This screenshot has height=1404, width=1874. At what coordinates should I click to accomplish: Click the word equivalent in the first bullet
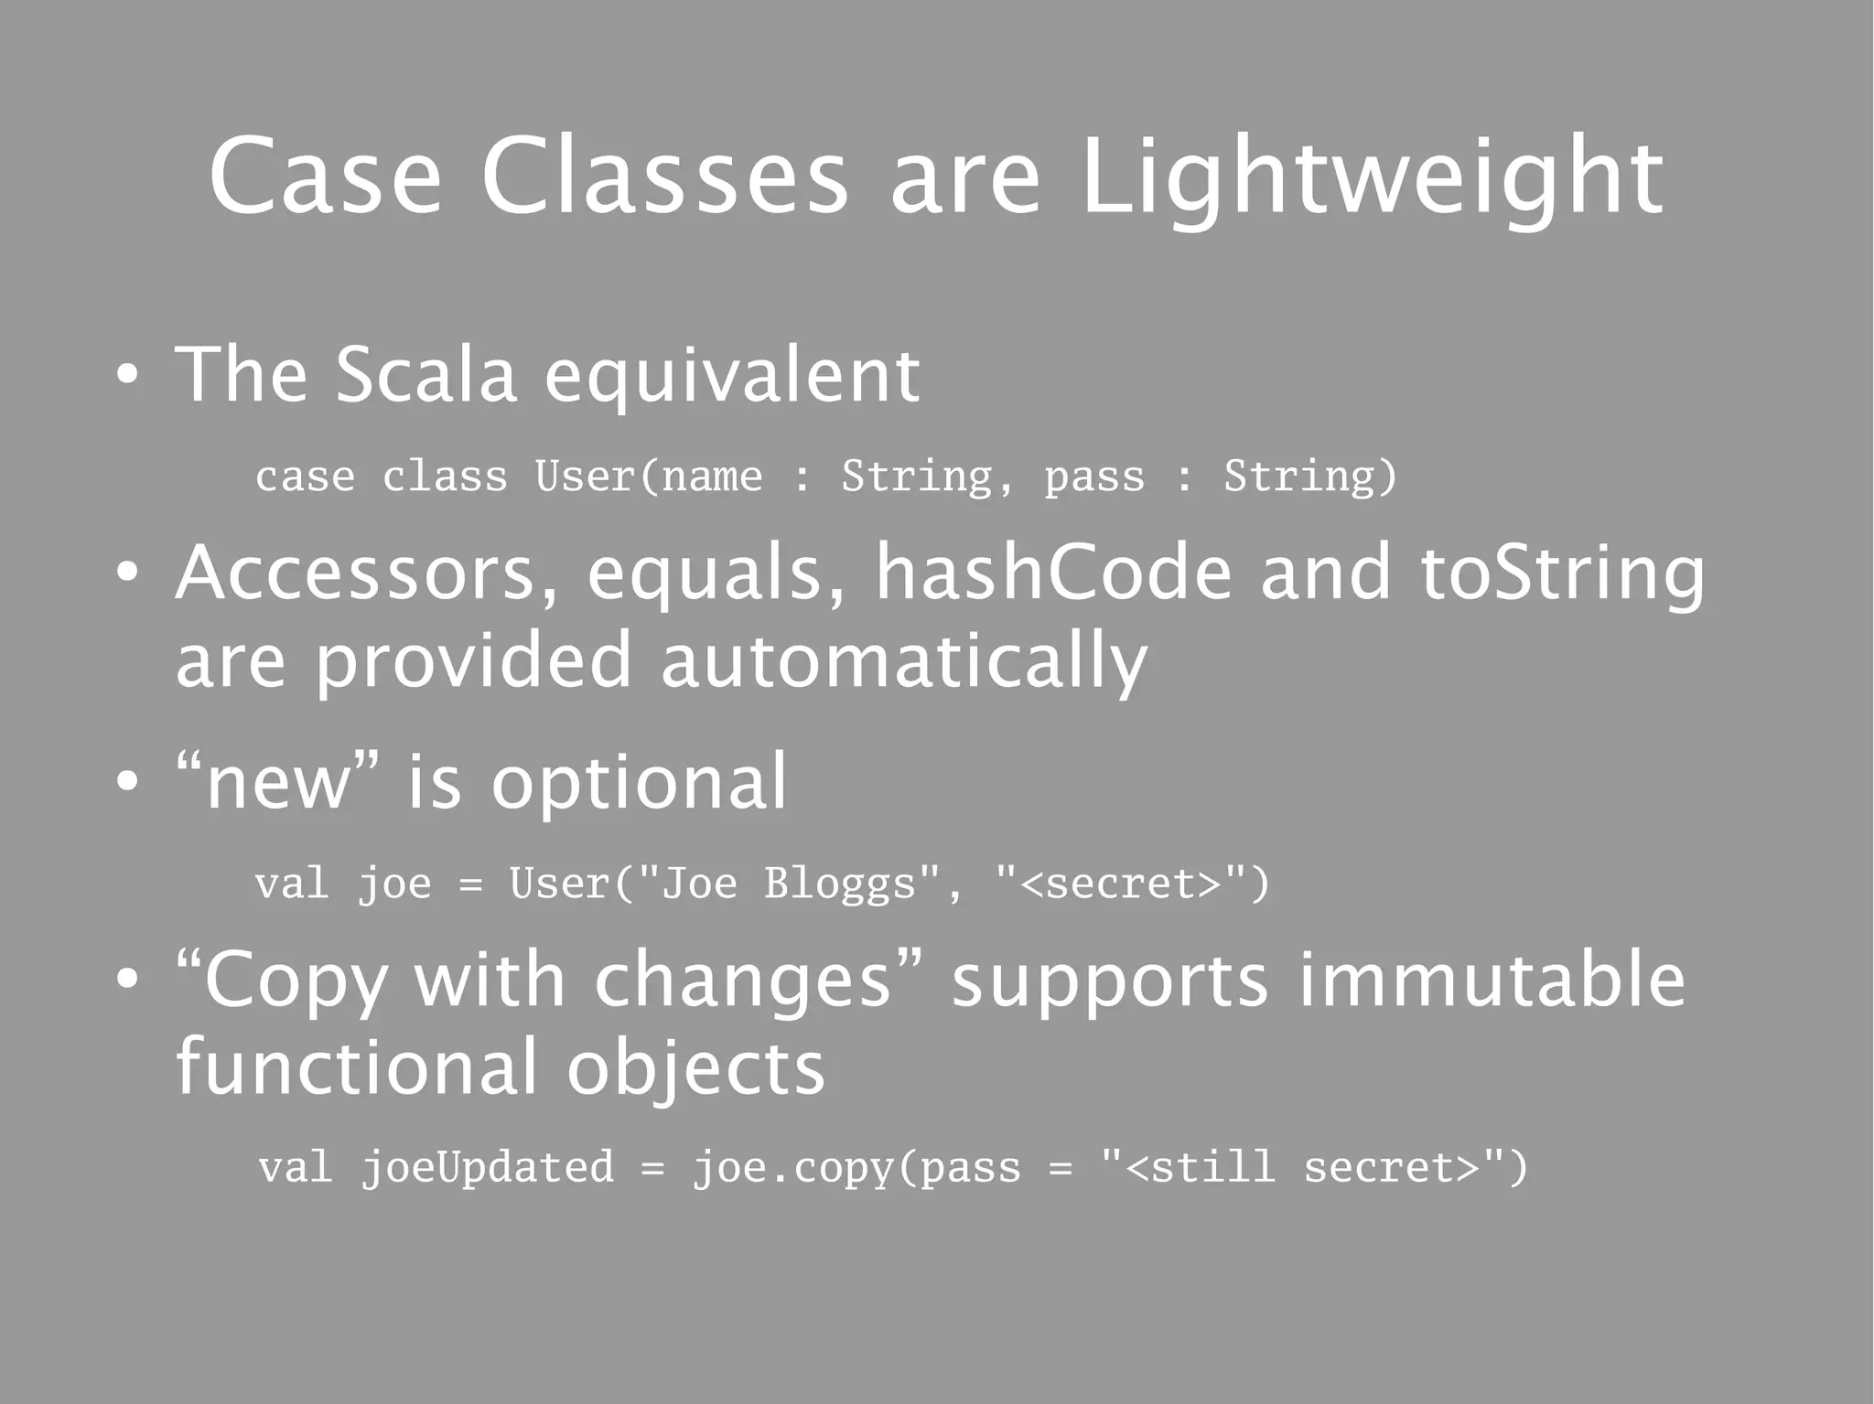[732, 376]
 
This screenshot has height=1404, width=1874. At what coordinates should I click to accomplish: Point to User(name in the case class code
[648, 477]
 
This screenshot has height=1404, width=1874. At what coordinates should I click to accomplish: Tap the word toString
[1562, 574]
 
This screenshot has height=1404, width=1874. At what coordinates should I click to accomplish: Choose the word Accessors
[366, 574]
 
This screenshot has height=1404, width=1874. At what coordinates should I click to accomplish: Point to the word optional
[639, 783]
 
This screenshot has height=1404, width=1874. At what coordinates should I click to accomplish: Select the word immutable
[1492, 980]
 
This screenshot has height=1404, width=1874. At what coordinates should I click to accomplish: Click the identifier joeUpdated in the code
[487, 1168]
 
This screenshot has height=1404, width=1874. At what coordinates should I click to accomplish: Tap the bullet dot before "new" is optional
[127, 782]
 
